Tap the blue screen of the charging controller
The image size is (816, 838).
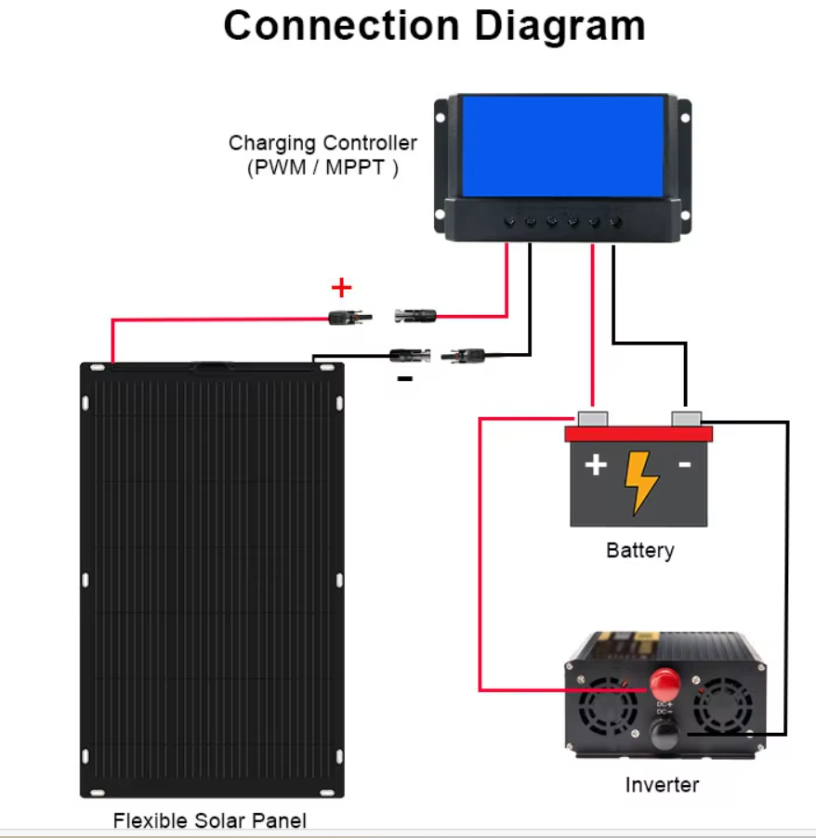563,146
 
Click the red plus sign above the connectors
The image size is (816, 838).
342,287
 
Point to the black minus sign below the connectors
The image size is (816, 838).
404,379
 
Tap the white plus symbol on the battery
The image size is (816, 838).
595,465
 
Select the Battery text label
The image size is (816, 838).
639,550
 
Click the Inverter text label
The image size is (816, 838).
662,785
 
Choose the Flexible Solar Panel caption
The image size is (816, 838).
209,820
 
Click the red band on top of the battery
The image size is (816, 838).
639,434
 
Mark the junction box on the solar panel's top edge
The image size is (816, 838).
213,367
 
